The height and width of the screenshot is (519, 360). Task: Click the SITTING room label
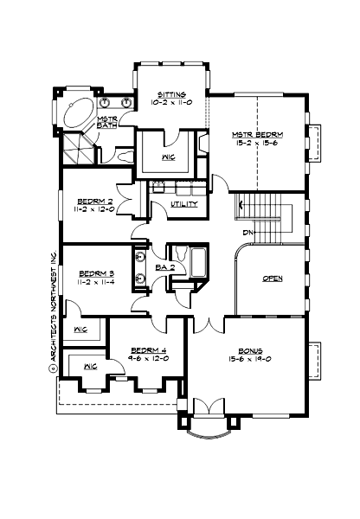[x=170, y=93]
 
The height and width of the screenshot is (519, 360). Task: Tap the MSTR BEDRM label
[x=257, y=135]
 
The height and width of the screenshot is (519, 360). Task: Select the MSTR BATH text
[x=107, y=123]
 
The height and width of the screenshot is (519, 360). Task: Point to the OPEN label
[x=273, y=279]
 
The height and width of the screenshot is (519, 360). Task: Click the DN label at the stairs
[x=247, y=233]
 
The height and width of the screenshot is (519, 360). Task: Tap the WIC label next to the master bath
[x=169, y=157]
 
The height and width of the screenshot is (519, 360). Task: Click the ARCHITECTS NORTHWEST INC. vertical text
[x=53, y=307]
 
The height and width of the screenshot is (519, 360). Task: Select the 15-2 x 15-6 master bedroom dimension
[x=257, y=144]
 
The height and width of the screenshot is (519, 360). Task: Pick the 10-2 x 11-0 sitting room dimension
[x=170, y=102]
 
